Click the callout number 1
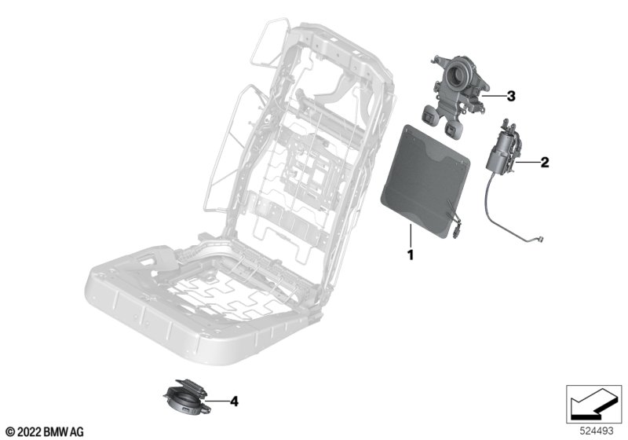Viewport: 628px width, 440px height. (x=410, y=255)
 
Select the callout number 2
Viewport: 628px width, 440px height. (x=545, y=163)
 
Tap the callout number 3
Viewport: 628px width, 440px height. (x=511, y=96)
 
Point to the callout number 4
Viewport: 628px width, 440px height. (x=234, y=401)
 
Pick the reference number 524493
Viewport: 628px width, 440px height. (x=597, y=431)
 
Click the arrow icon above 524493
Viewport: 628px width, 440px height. (x=594, y=404)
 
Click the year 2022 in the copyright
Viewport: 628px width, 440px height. (x=29, y=432)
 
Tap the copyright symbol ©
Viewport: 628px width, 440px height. (x=10, y=432)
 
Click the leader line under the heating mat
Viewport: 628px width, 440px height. (x=410, y=236)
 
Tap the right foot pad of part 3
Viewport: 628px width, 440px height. (x=453, y=128)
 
